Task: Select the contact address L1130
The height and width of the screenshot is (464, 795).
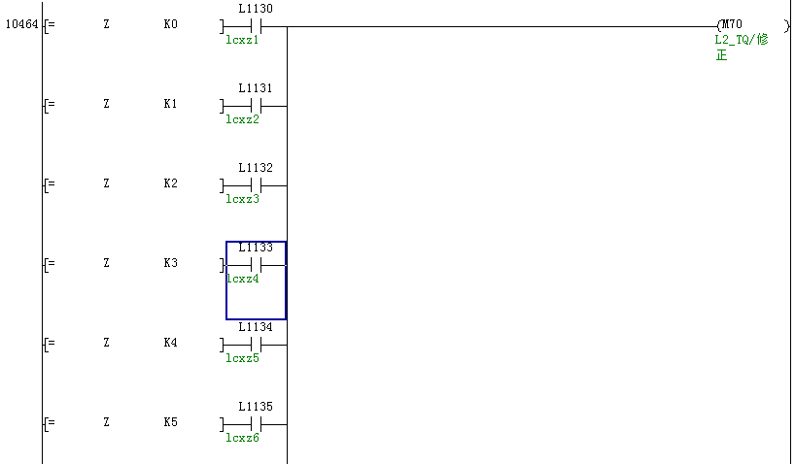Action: click(x=256, y=9)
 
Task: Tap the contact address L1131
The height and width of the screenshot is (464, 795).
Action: click(x=256, y=88)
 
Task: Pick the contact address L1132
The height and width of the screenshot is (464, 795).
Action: click(x=256, y=168)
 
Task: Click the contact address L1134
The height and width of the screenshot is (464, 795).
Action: click(x=256, y=327)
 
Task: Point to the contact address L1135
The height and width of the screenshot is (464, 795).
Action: click(x=256, y=407)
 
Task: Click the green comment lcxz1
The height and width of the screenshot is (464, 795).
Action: click(x=242, y=40)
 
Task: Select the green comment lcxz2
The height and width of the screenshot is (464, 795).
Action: click(x=242, y=119)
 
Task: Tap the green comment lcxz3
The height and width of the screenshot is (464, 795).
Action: click(x=242, y=199)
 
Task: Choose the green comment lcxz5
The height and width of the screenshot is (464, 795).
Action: click(x=242, y=358)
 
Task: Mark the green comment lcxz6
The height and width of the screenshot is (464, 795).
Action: click(x=242, y=438)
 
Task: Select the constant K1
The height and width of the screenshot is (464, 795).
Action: click(x=171, y=103)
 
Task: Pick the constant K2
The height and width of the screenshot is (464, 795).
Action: click(x=171, y=182)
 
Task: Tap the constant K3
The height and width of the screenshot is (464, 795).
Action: click(x=171, y=263)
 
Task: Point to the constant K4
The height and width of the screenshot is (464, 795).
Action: click(x=171, y=343)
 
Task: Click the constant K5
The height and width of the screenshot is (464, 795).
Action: click(x=171, y=422)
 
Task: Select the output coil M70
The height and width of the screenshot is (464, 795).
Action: click(x=732, y=24)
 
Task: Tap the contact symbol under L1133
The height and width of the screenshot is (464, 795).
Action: click(x=256, y=264)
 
